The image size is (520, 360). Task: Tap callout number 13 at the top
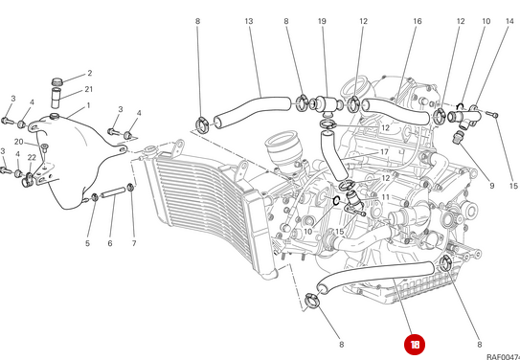pos(248,21)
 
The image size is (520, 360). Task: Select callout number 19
pos(322,21)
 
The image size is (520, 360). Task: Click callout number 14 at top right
pos(508,21)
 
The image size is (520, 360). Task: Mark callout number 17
pos(383,152)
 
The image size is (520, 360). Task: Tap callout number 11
pos(385,197)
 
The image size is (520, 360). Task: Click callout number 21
pos(89,89)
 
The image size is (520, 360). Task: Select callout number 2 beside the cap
pos(89,73)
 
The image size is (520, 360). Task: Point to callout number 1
pos(88,105)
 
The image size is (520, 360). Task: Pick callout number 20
pos(18,141)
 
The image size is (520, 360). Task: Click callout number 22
pos(32,158)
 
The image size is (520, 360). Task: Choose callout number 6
pos(110,244)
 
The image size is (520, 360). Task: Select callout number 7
pos(134,244)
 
